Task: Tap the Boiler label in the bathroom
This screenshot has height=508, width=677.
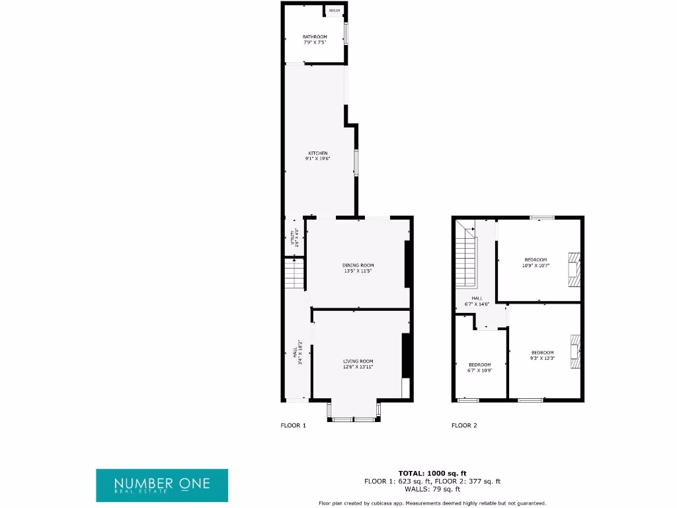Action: tap(335, 11)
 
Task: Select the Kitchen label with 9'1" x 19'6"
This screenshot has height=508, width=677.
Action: tap(317, 155)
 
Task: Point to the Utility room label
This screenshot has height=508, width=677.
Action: tap(295, 237)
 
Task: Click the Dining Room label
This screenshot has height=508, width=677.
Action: tap(358, 268)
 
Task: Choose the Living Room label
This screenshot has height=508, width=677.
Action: tap(358, 364)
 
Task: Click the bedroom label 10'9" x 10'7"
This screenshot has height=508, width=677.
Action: tap(536, 262)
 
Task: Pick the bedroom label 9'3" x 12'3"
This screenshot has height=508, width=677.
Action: tap(542, 355)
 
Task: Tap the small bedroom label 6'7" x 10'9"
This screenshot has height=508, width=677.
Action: tap(480, 368)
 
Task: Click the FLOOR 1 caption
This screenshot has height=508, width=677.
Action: tap(294, 425)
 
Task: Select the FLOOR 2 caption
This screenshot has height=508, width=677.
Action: tap(464, 425)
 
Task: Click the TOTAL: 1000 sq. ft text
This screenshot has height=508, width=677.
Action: tap(432, 473)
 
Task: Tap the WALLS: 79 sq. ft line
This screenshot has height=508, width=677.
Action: tap(432, 489)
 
